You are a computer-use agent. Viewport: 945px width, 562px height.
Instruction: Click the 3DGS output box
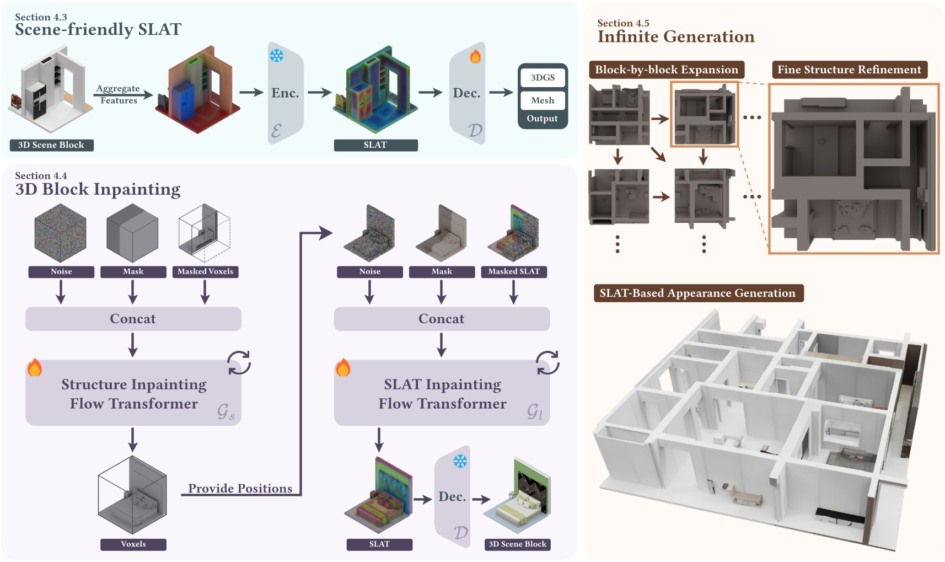(543, 78)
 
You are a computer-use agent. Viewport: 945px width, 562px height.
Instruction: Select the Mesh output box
(543, 100)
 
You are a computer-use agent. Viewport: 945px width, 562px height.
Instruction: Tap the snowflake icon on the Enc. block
(276, 55)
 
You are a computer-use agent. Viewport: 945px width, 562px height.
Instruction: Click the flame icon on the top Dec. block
(475, 56)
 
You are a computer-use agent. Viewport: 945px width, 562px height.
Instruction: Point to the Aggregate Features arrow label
(118, 94)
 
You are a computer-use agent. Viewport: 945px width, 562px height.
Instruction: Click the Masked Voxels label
(205, 271)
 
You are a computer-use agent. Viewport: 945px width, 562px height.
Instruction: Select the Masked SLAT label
(513, 271)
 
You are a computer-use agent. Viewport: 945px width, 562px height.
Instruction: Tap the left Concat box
(133, 319)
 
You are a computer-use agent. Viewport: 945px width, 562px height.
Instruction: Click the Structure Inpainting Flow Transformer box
(133, 393)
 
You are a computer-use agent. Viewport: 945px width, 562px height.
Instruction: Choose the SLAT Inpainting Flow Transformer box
(442, 393)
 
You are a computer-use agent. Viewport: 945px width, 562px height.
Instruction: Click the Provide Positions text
(240, 488)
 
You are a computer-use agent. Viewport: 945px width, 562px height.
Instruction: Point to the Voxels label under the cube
(133, 544)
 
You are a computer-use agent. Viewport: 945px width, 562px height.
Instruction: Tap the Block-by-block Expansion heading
(666, 70)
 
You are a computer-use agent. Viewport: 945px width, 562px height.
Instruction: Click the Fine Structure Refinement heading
(849, 70)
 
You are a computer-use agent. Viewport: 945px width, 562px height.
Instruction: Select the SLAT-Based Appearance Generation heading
(697, 293)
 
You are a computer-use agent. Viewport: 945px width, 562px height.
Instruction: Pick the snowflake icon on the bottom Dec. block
(460, 461)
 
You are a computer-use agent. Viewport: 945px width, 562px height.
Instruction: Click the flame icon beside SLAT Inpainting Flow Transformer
(343, 367)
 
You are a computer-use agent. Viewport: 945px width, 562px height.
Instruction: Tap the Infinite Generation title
(676, 36)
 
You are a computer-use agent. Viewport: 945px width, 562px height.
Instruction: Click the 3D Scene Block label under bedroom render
(517, 544)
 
